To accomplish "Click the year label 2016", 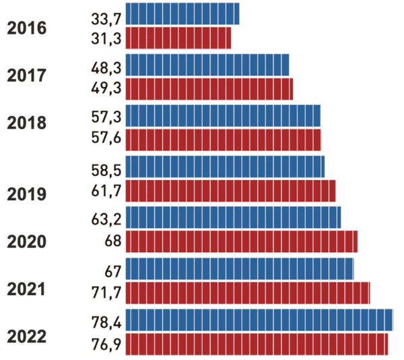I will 27,29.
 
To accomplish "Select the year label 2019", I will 27,195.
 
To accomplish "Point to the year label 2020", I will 27,242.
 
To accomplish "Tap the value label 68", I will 112,241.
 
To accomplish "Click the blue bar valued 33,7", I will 182,13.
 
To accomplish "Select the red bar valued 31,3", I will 178,38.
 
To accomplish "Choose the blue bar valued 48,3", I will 207,65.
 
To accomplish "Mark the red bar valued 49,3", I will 209,89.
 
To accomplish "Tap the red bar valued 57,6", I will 224,140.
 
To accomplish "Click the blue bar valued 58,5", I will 225,166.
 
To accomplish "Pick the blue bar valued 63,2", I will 233,217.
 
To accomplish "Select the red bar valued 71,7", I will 248,293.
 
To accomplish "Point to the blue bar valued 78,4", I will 259,320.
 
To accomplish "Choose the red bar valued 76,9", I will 257,344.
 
